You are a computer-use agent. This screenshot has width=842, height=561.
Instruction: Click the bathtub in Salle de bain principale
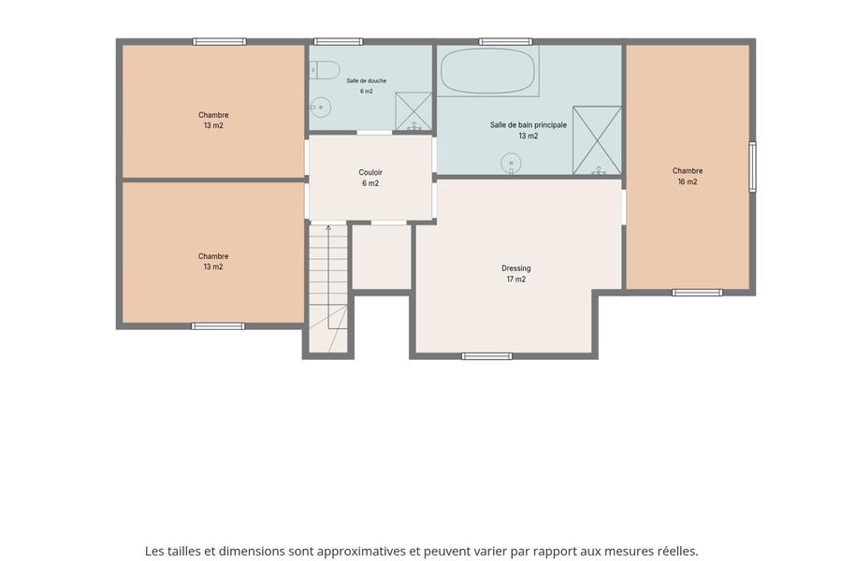487,71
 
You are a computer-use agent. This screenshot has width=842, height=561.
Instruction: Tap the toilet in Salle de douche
325,70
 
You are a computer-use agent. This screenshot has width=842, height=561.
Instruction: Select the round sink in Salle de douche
320,108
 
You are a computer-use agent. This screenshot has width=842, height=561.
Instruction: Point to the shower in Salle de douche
414,111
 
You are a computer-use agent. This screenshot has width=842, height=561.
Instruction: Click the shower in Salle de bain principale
597,140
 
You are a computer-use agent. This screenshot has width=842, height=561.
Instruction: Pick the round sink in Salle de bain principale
511,163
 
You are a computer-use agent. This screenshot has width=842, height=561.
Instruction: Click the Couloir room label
370,172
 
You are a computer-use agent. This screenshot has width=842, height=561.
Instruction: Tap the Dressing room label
516,268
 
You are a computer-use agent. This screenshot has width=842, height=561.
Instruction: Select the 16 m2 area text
688,181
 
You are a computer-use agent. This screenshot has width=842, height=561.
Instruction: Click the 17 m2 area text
516,280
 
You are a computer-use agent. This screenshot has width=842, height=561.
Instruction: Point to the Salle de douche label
366,80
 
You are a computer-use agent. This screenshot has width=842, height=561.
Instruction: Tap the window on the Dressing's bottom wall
487,356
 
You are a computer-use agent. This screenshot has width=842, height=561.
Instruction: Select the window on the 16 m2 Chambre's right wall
752,167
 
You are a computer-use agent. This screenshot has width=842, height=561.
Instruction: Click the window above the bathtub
505,41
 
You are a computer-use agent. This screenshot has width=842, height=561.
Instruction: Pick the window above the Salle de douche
339,41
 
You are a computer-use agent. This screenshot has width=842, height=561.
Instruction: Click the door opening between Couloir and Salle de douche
374,133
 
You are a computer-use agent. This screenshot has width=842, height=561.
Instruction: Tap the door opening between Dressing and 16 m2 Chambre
623,207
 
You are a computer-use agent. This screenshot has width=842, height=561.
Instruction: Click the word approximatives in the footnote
361,552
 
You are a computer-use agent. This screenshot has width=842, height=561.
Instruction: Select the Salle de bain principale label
529,124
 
